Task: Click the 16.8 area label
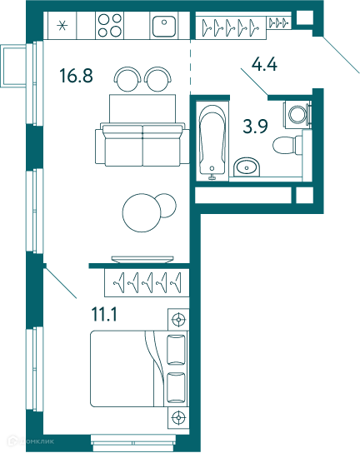(x=76, y=75)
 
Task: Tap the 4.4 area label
(x=264, y=64)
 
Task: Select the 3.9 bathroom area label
(x=255, y=127)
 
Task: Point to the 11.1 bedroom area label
(x=104, y=314)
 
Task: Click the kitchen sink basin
(x=164, y=27)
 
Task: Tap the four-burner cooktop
(x=110, y=26)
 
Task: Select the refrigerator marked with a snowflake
(x=62, y=26)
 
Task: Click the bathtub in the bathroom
(x=212, y=141)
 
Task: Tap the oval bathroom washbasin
(x=247, y=167)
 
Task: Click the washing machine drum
(x=297, y=114)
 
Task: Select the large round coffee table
(x=142, y=212)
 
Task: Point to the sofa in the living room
(x=142, y=144)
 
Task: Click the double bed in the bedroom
(x=139, y=369)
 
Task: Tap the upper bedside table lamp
(x=178, y=320)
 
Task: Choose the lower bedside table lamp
(x=178, y=418)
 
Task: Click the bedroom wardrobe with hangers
(x=147, y=283)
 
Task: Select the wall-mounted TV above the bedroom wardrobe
(x=142, y=260)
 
